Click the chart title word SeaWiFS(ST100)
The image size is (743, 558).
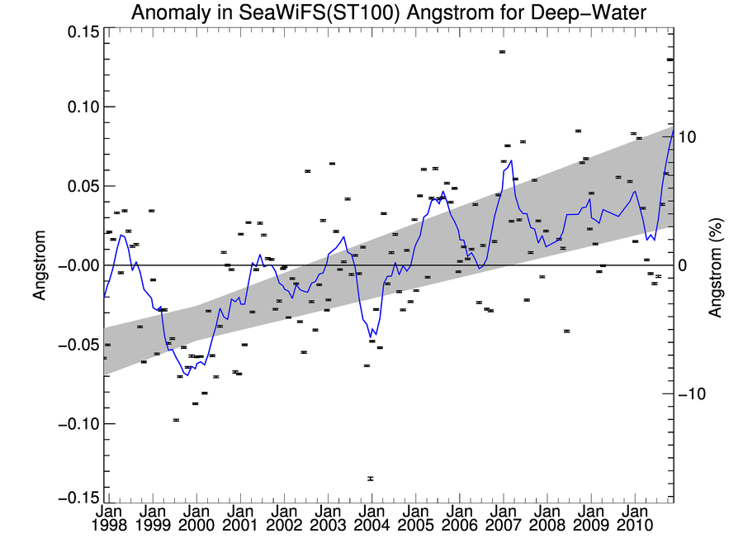309,12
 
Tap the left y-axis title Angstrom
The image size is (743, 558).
38,265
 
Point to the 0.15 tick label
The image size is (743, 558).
80,31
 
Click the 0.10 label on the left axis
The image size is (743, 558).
80,107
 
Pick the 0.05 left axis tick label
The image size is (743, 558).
80,186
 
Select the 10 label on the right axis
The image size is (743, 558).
692,136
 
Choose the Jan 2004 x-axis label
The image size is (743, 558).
371,518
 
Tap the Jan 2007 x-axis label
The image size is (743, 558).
503,518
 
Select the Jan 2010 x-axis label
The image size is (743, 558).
634,518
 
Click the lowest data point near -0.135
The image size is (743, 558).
370,479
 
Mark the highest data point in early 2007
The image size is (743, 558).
502,52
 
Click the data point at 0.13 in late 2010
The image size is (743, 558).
670,60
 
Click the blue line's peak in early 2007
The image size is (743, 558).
511,160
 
